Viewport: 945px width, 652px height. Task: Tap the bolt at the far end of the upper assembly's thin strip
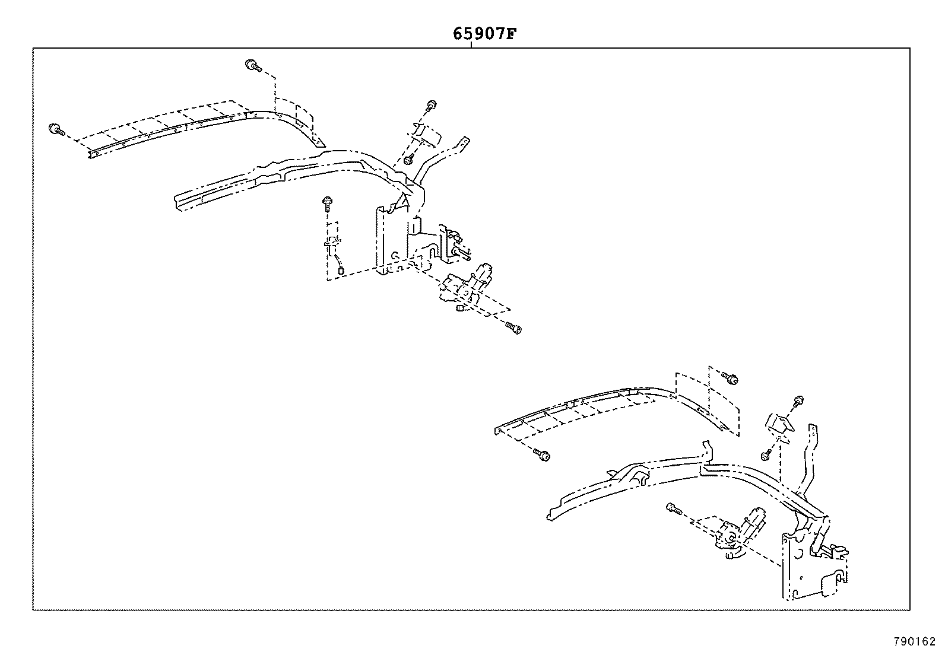coord(55,129)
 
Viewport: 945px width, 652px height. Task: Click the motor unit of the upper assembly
coord(469,285)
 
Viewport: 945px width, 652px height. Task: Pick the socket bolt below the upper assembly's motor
coord(514,327)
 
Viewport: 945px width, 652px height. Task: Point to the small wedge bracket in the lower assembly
coord(778,423)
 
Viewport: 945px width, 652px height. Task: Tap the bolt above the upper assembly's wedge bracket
coord(431,107)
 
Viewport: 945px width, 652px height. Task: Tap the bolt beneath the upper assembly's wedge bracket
coord(409,160)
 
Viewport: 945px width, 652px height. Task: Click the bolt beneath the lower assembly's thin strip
coord(543,455)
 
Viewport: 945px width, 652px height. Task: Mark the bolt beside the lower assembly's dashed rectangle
coord(731,377)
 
